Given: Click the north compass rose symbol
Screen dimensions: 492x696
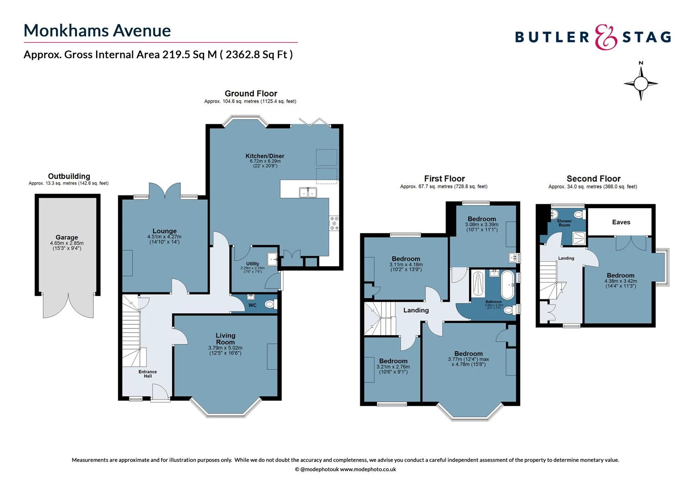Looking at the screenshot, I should pyautogui.click(x=640, y=83).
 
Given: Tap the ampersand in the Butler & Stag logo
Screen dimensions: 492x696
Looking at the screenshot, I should pyautogui.click(x=606, y=37).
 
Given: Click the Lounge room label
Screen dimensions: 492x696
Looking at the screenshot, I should pyautogui.click(x=164, y=231).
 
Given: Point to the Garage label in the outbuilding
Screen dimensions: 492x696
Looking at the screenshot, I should pyautogui.click(x=67, y=237).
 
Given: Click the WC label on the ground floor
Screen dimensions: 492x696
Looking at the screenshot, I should pyautogui.click(x=252, y=305).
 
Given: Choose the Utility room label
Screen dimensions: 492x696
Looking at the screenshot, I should pyautogui.click(x=252, y=264).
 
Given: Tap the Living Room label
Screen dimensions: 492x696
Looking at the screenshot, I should pyautogui.click(x=225, y=338).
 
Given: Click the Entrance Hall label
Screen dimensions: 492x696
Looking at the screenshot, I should pyautogui.click(x=148, y=374).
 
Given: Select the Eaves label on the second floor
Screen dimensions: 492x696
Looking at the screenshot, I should pyautogui.click(x=621, y=222).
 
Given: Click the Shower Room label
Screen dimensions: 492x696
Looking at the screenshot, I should pyautogui.click(x=564, y=223).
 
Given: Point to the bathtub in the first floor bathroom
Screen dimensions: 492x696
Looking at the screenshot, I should pyautogui.click(x=507, y=285).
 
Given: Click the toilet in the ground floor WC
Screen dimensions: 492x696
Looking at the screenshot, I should pyautogui.click(x=270, y=304).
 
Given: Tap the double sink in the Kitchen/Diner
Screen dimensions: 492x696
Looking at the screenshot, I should pyautogui.click(x=308, y=193).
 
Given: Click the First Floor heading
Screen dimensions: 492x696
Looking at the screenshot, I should pyautogui.click(x=444, y=179).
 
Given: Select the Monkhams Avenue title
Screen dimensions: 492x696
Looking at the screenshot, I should pyautogui.click(x=97, y=31).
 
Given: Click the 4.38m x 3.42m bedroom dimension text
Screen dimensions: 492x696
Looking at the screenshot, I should pyautogui.click(x=621, y=281).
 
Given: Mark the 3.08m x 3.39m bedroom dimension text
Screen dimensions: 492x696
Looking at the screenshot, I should pyautogui.click(x=481, y=225).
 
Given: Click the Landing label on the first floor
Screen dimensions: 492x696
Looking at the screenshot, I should pyautogui.click(x=416, y=310).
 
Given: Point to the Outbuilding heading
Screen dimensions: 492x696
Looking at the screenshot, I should pyautogui.click(x=69, y=176).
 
